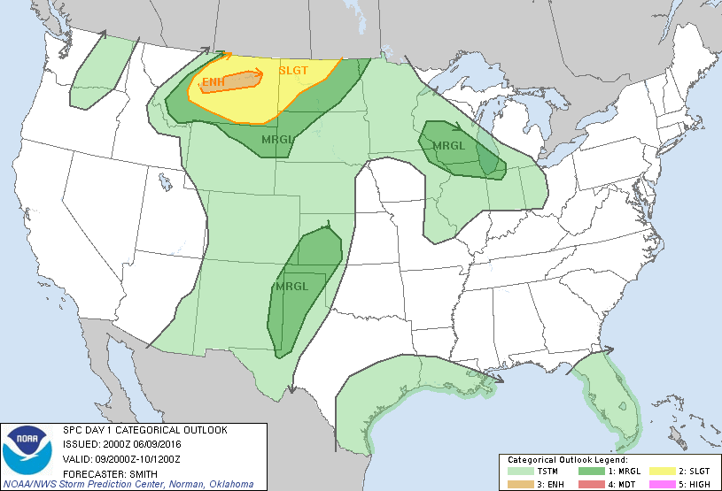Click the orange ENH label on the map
tap(213, 84)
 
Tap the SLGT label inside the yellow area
tap(293, 71)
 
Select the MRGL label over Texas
tap(291, 287)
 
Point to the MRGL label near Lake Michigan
tap(448, 146)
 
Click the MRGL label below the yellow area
tap(278, 139)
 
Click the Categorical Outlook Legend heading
tap(567, 460)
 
